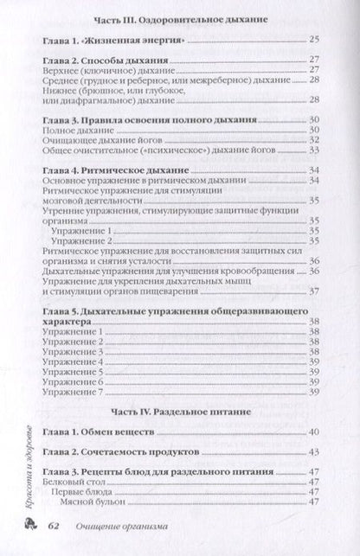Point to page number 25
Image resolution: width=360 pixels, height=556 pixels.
[x=314, y=40]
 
